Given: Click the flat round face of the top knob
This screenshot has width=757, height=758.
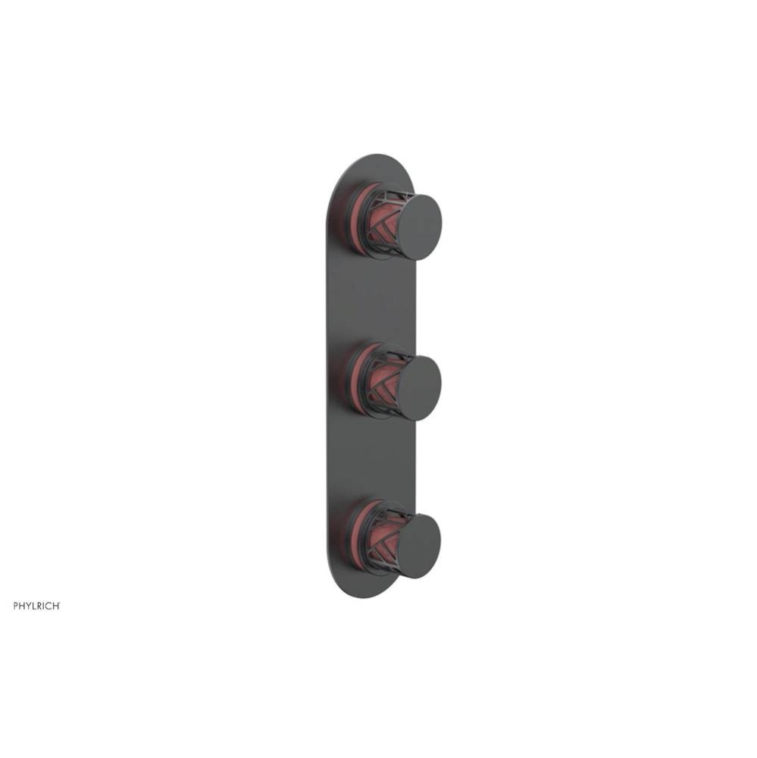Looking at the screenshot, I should [417, 227].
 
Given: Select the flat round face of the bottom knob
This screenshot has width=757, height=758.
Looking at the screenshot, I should [418, 547].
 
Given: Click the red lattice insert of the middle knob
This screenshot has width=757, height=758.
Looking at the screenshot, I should [383, 381].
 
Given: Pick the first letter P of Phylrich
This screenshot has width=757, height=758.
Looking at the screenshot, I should [16, 606].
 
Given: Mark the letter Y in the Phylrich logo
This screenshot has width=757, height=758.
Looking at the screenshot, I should [28, 606].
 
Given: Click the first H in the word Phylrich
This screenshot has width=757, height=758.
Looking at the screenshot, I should [22, 606].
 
